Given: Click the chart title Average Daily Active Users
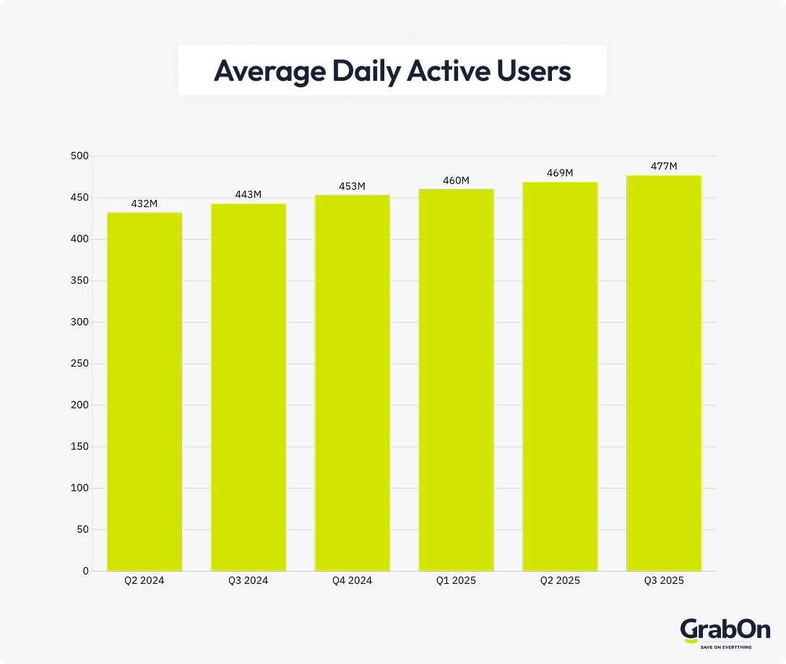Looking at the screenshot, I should (x=392, y=71).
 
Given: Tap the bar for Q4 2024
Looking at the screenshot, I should (x=352, y=383).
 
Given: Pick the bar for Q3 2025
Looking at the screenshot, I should (x=663, y=373).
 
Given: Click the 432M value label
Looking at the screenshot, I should (x=144, y=204).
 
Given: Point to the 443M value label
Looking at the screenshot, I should (x=248, y=195).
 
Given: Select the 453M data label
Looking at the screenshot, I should (x=352, y=186).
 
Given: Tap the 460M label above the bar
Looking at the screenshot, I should (x=456, y=180).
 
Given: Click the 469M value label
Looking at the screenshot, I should (x=560, y=173).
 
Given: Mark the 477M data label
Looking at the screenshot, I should (x=663, y=167).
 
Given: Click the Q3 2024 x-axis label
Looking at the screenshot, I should (x=248, y=580).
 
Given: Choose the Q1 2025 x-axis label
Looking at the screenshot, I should (x=456, y=580).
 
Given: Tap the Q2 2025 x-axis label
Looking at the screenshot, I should (x=560, y=580).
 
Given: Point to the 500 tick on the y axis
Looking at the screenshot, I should (x=79, y=156).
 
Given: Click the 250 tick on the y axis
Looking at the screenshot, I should (x=79, y=364).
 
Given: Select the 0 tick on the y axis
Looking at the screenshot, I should (x=85, y=571).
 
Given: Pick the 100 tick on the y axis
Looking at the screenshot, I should (x=79, y=488).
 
